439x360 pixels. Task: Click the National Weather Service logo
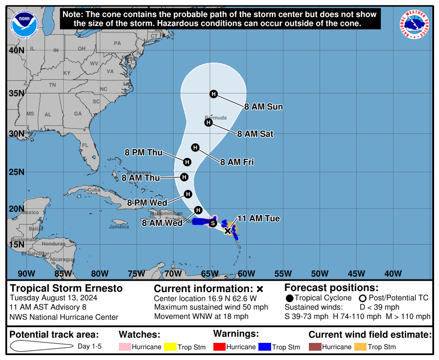click(x=416, y=24)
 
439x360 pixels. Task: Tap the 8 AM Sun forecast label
click(x=264, y=107)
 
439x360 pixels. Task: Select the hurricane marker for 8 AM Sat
click(x=208, y=122)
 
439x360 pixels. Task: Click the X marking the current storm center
click(x=228, y=230)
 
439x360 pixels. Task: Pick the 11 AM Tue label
click(x=258, y=219)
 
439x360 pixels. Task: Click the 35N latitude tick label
click(x=16, y=93)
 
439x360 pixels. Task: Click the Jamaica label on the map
click(x=119, y=226)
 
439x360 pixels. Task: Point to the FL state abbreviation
click(x=85, y=145)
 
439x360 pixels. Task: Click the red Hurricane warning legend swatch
click(x=219, y=347)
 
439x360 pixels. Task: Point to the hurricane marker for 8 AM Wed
click(x=198, y=210)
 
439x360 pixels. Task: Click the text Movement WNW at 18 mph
click(x=201, y=316)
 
